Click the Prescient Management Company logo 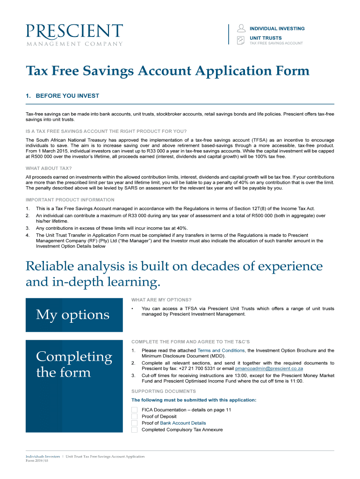click(74, 35)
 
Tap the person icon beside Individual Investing click(241, 28)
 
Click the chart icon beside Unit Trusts click(241, 40)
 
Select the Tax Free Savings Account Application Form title click(167, 71)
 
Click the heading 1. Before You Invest click(63, 96)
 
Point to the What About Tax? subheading click(49, 168)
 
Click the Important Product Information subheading click(70, 200)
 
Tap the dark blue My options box click(74, 315)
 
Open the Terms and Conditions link click(221, 350)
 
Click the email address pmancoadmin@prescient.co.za click(269, 369)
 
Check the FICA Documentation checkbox click(135, 410)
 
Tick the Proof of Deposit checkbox click(135, 416)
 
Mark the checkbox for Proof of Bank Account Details click(135, 423)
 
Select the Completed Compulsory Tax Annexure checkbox click(135, 429)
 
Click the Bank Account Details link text click(183, 423)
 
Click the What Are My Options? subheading click(161, 300)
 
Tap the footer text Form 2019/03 click(37, 460)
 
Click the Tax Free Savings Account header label click(276, 43)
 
